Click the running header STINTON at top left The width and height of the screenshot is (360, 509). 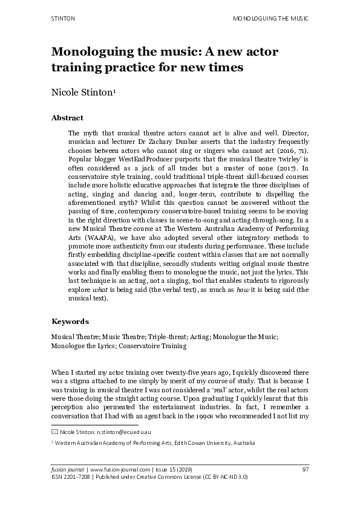62,19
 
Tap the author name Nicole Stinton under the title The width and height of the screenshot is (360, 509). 80,92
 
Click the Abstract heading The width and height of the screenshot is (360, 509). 67,118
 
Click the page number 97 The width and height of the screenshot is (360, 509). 305,469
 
